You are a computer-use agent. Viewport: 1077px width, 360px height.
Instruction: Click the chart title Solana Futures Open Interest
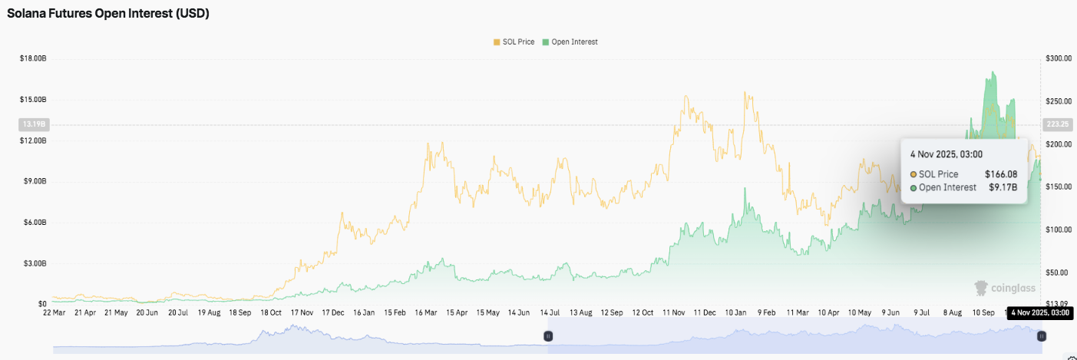(108, 14)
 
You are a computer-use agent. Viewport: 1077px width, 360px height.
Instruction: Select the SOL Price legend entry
(514, 41)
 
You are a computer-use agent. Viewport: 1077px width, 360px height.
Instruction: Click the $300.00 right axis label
(1059, 58)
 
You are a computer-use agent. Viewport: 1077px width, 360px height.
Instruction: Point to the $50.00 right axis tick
(1057, 272)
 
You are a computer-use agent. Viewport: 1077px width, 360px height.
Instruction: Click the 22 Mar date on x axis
(54, 313)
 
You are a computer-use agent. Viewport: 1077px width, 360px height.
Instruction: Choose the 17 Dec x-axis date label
(333, 313)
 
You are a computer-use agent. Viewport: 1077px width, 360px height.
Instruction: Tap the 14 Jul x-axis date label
(550, 313)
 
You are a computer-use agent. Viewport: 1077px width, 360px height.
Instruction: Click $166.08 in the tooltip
(1001, 174)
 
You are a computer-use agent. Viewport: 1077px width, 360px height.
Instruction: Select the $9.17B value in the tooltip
(1003, 187)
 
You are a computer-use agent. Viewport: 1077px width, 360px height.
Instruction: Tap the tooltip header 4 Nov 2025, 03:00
(945, 154)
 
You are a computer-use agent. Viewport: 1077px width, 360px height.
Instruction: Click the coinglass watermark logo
(1005, 288)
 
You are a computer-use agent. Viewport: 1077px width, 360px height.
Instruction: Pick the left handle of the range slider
(548, 336)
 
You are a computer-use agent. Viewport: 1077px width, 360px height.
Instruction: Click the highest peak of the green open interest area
(993, 72)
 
